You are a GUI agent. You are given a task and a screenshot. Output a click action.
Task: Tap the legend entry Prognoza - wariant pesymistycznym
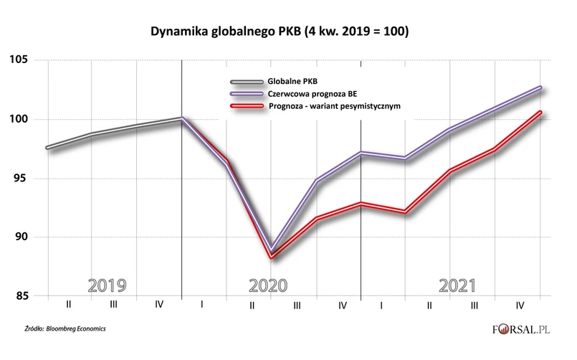pos(333,105)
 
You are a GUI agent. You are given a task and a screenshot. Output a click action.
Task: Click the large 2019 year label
pos(107,285)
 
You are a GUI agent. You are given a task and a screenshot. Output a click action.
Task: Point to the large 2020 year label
pos(268,285)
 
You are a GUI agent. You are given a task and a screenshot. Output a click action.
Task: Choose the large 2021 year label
pos(457,285)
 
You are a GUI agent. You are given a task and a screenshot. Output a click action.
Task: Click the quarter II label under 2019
pos(68,305)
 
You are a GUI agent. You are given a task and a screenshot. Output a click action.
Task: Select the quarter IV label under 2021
pos(519,305)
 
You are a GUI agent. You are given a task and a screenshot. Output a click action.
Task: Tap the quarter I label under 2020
pos(203,305)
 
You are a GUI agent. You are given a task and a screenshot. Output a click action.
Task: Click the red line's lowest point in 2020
pos(271,256)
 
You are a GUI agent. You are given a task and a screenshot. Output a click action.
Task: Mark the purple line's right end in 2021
pos(540,87)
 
